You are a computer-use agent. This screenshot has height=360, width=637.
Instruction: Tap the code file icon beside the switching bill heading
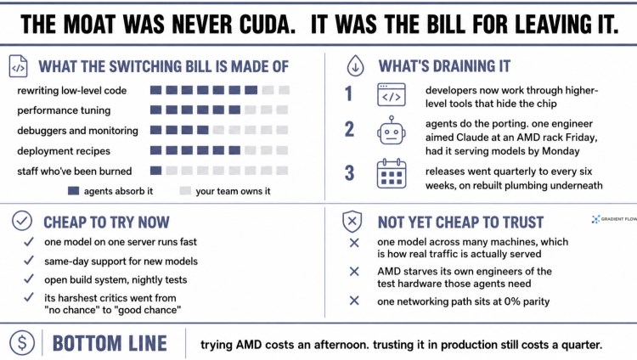click(x=19, y=66)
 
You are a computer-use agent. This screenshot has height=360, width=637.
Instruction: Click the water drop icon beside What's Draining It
click(x=356, y=66)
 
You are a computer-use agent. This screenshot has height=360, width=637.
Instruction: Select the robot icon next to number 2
click(x=392, y=130)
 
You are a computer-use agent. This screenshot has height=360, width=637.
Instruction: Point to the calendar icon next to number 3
click(x=392, y=173)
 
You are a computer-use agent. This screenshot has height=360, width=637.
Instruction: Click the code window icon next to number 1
click(x=392, y=95)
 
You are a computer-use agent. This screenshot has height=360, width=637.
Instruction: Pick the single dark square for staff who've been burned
click(x=156, y=171)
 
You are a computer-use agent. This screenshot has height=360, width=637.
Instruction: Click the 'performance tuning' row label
click(x=64, y=110)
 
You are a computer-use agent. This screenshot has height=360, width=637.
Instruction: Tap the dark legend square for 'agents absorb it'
click(x=74, y=190)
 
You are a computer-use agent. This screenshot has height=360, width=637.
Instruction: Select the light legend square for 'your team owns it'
click(x=185, y=190)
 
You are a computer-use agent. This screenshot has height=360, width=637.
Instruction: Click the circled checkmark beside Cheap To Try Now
click(x=22, y=221)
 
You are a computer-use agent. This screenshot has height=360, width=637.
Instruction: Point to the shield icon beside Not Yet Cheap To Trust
click(x=352, y=222)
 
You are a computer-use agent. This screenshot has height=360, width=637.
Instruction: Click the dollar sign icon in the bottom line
click(x=22, y=342)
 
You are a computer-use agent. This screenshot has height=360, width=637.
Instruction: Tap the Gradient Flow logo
click(x=614, y=219)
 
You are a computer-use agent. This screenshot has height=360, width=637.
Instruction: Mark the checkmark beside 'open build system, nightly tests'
click(x=28, y=278)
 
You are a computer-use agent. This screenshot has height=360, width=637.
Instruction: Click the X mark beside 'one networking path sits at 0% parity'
click(x=354, y=301)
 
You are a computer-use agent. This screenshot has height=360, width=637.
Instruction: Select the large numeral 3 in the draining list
click(x=349, y=173)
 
